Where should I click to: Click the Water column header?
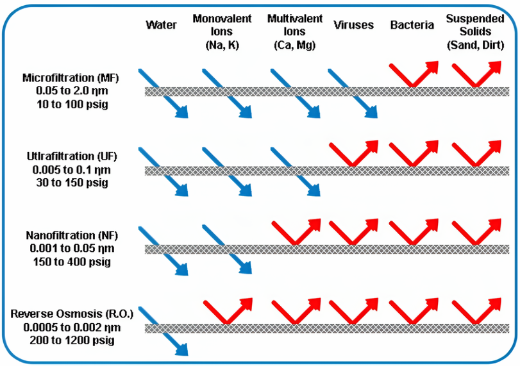[x=161, y=25]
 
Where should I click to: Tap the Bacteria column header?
[x=410, y=25]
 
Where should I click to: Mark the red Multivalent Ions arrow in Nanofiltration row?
[x=296, y=231]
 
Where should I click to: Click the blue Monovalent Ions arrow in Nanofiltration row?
[x=225, y=249]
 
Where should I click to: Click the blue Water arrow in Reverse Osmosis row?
[x=164, y=328]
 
